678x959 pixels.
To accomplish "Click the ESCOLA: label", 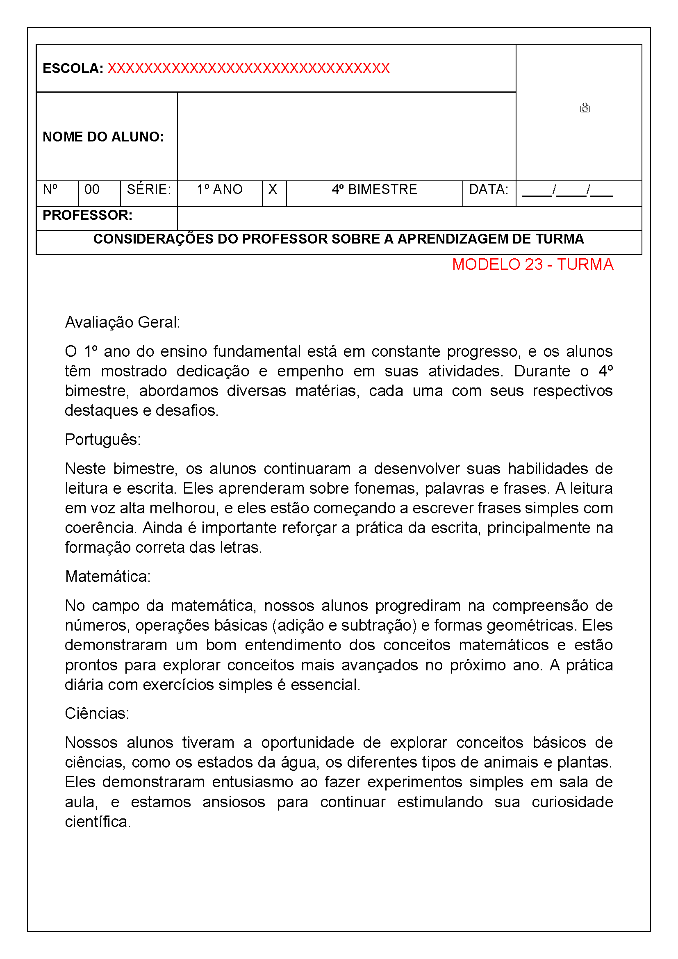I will [73, 68].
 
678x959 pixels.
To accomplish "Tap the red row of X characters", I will [248, 68].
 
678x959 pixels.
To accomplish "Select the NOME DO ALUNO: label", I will [103, 137].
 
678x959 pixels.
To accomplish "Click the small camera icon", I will [585, 108].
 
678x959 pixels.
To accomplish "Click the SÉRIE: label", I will [149, 190].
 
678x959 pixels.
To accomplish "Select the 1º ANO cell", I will [220, 190].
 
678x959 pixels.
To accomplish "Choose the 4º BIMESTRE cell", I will [374, 190].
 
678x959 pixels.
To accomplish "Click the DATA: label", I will [489, 190].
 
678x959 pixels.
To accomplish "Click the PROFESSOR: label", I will [87, 216].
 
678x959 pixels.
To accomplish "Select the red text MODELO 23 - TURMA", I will [532, 265].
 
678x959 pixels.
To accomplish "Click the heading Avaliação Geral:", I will [122, 323].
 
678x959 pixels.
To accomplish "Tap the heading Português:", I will [103, 440].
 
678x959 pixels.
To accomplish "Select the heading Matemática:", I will [108, 577].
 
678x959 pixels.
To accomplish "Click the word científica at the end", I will [97, 822].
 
